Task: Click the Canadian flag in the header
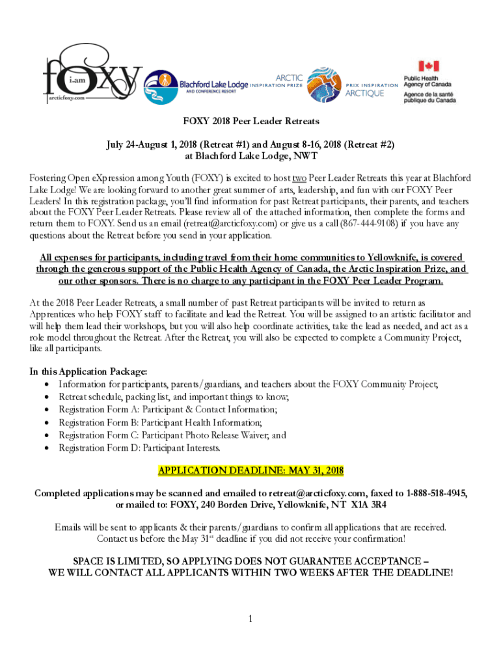[x=428, y=66]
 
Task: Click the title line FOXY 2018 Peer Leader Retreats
[x=250, y=122]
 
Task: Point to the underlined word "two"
[x=299, y=178]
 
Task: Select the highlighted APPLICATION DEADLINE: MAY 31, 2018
[x=251, y=470]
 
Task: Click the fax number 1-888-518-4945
[x=437, y=493]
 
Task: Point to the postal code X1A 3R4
[x=368, y=505]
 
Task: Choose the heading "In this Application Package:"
[x=88, y=371]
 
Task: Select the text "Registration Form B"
[x=98, y=422]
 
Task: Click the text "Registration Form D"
[x=98, y=447]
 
